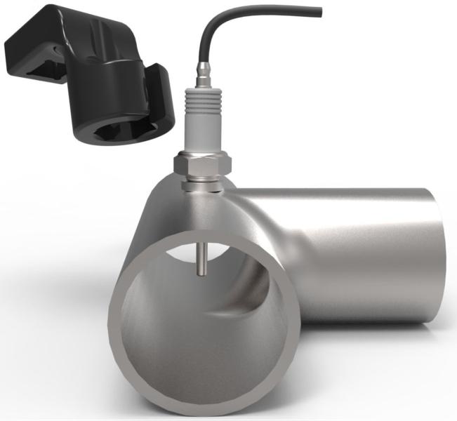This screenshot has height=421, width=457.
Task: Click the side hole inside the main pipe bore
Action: pyautogui.click(x=242, y=295)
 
